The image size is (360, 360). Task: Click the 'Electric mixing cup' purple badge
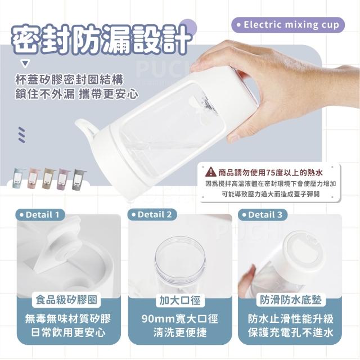[x=288, y=25]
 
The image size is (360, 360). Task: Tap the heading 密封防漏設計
[x=101, y=40]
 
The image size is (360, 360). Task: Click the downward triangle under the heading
[x=25, y=64]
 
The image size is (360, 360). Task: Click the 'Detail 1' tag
[x=40, y=215]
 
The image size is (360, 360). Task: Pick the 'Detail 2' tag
[x=152, y=215]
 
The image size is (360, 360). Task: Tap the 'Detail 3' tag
[x=263, y=215]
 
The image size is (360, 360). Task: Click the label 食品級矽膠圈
[x=66, y=300]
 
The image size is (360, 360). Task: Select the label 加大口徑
[x=180, y=300]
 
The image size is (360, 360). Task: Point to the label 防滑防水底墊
[x=291, y=300]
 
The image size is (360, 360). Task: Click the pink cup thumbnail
[x=33, y=178]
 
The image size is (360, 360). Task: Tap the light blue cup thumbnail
[x=19, y=178]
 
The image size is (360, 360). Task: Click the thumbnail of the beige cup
[x=48, y=178]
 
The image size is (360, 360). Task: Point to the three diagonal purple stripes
[x=21, y=134]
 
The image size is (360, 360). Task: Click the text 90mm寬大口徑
[x=180, y=319]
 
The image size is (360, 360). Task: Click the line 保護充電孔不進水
[x=290, y=332]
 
